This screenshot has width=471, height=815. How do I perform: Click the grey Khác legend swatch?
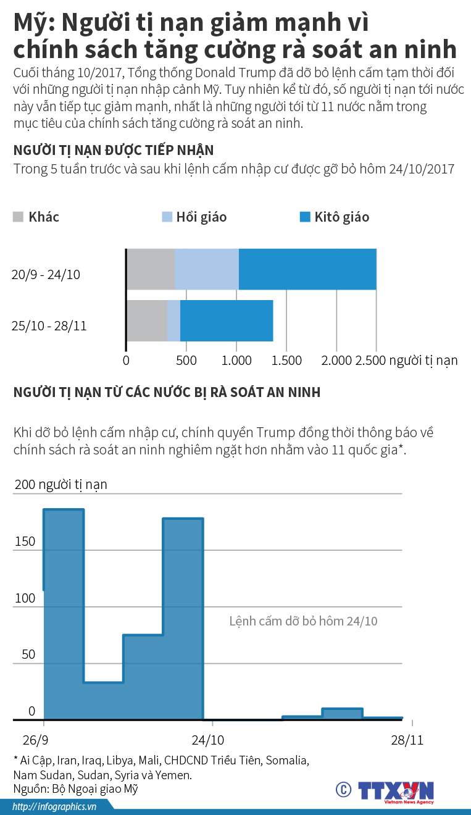18,217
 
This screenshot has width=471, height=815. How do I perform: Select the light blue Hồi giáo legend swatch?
167,217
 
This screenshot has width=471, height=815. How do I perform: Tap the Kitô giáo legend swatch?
305,217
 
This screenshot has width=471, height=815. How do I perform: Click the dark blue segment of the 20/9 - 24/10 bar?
307,269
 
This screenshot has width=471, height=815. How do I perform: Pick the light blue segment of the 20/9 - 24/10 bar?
207,269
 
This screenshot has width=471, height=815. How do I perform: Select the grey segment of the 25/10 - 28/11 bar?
147,320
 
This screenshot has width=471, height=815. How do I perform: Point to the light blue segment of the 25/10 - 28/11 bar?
173,320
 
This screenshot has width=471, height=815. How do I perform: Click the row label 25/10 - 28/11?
49,325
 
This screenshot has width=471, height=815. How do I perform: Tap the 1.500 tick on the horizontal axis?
286,361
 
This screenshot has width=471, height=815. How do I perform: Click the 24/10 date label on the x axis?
208,740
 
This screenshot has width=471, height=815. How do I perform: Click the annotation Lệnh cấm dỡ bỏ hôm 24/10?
303,621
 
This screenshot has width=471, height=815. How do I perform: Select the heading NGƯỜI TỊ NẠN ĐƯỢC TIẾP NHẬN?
114,150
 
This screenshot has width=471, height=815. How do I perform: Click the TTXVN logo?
396,791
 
